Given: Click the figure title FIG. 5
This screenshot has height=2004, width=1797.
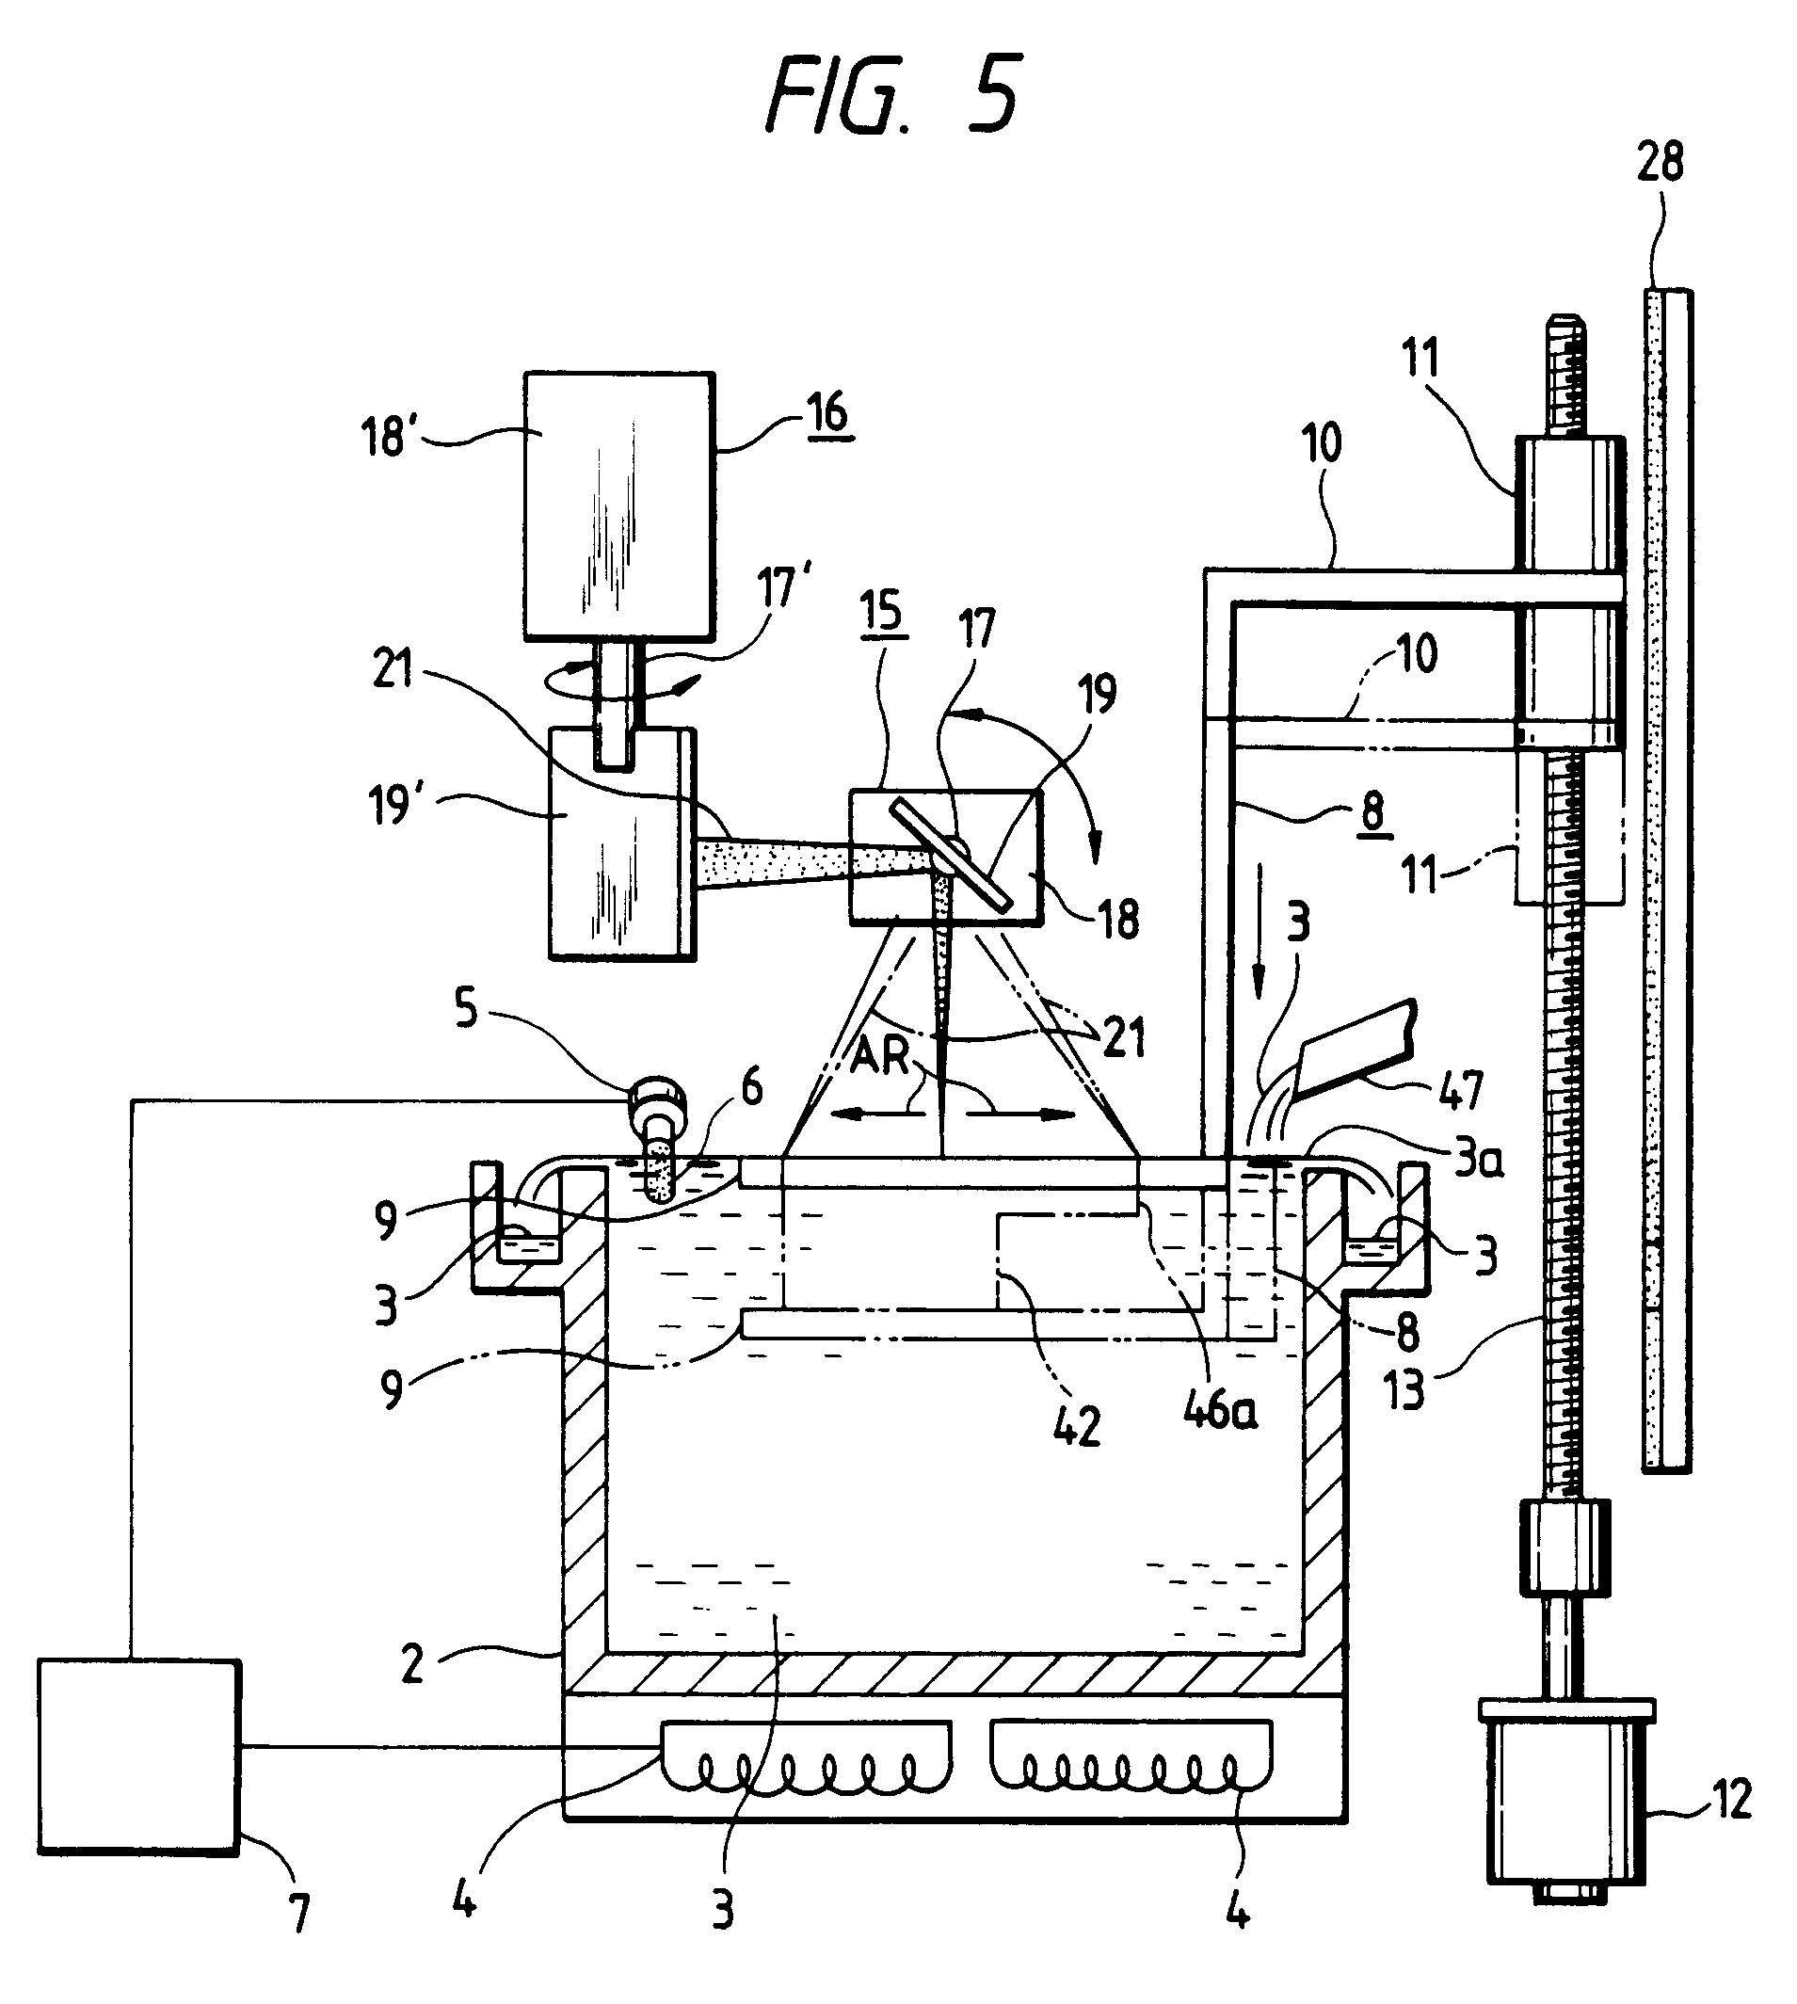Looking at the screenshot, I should click(893, 96).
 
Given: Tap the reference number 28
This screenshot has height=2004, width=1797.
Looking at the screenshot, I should click(1661, 162).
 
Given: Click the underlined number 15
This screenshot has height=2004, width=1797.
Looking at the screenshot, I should click(881, 611).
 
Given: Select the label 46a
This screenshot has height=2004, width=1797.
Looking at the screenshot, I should click(1220, 1410).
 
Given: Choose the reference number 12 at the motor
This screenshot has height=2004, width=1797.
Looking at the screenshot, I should click(1731, 1798).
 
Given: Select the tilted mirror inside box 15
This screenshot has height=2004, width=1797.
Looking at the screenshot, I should click(952, 855).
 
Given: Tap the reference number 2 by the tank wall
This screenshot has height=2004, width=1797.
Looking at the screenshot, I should click(412, 1663).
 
